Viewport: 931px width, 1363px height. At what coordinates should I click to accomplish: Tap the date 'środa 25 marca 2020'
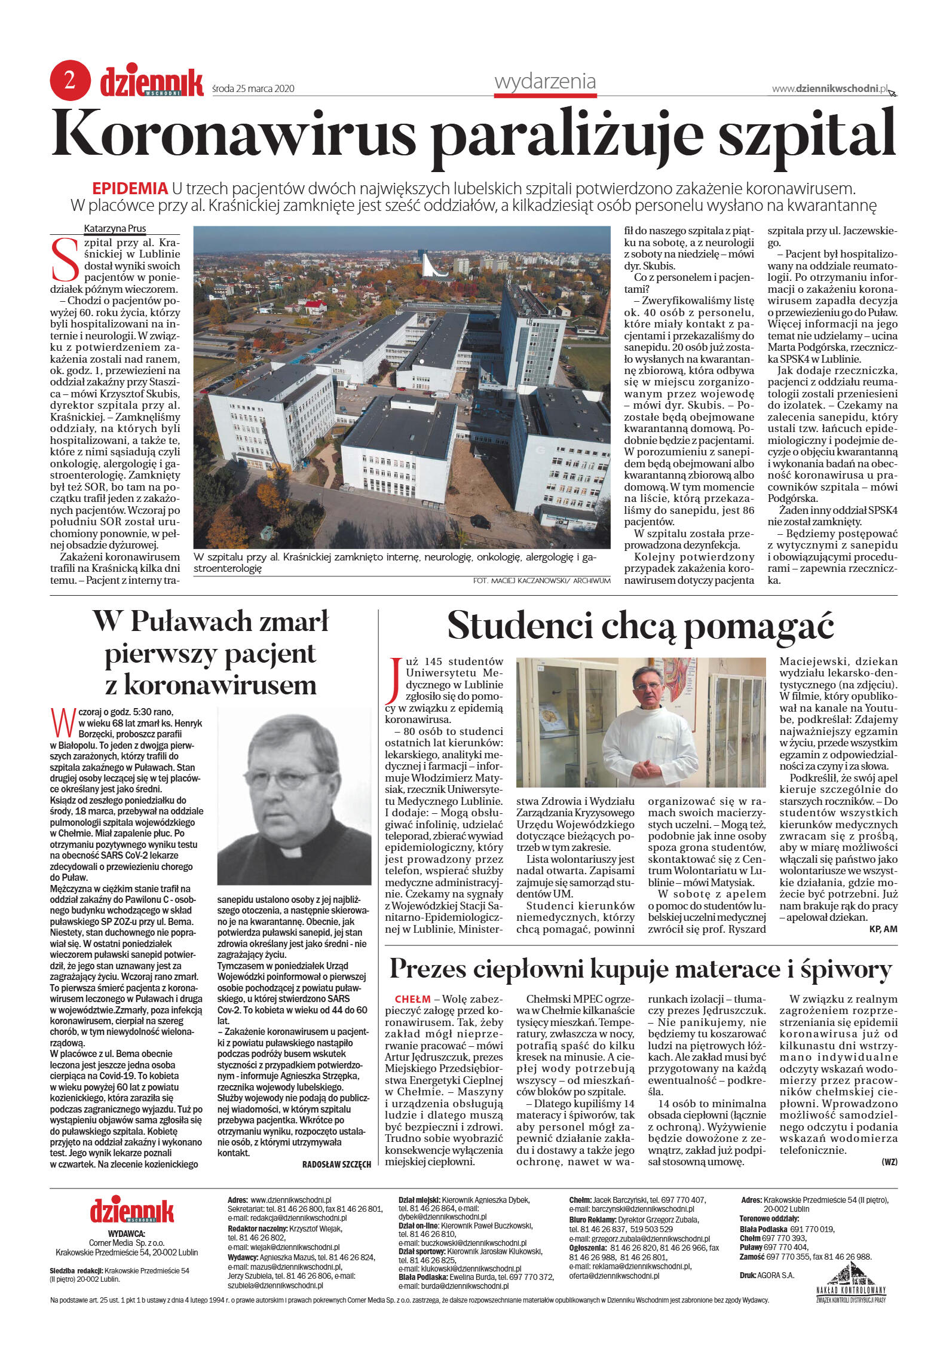point(253,89)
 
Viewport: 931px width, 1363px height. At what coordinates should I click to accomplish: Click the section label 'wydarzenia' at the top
point(544,81)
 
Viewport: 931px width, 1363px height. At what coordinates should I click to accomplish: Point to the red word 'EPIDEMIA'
point(130,189)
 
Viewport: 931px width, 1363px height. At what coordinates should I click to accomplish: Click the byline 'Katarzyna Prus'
point(115,228)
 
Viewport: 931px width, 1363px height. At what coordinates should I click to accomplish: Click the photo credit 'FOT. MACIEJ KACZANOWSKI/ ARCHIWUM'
point(541,581)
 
